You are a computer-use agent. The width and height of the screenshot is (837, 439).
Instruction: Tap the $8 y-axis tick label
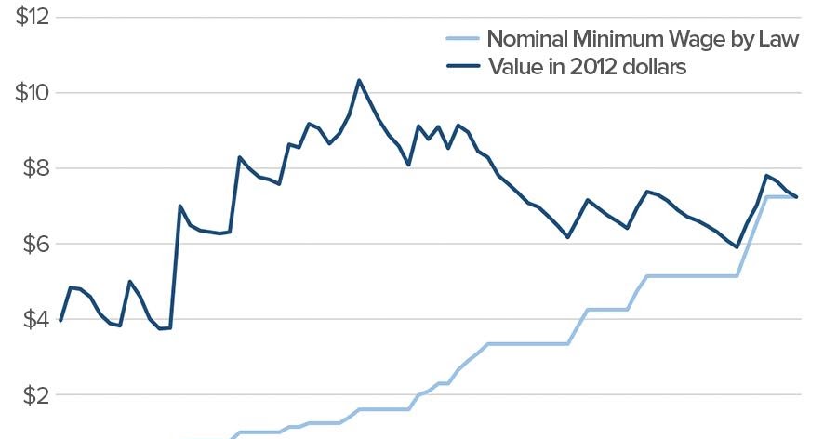pos(33,168)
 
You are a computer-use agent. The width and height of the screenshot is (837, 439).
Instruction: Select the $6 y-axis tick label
pos(33,244)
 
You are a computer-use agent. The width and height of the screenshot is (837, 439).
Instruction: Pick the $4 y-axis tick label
pos(33,319)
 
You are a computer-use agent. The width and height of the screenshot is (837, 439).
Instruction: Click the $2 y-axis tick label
pos(33,394)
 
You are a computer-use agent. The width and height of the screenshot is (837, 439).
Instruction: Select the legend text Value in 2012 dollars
pos(587,67)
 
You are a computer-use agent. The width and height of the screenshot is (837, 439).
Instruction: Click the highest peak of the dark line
pos(359,80)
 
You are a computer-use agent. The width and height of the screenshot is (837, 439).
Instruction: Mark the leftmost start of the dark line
pos(60,321)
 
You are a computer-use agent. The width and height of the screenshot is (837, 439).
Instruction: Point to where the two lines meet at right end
pos(796,196)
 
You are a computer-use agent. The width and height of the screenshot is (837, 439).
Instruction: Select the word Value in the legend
pos(514,67)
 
